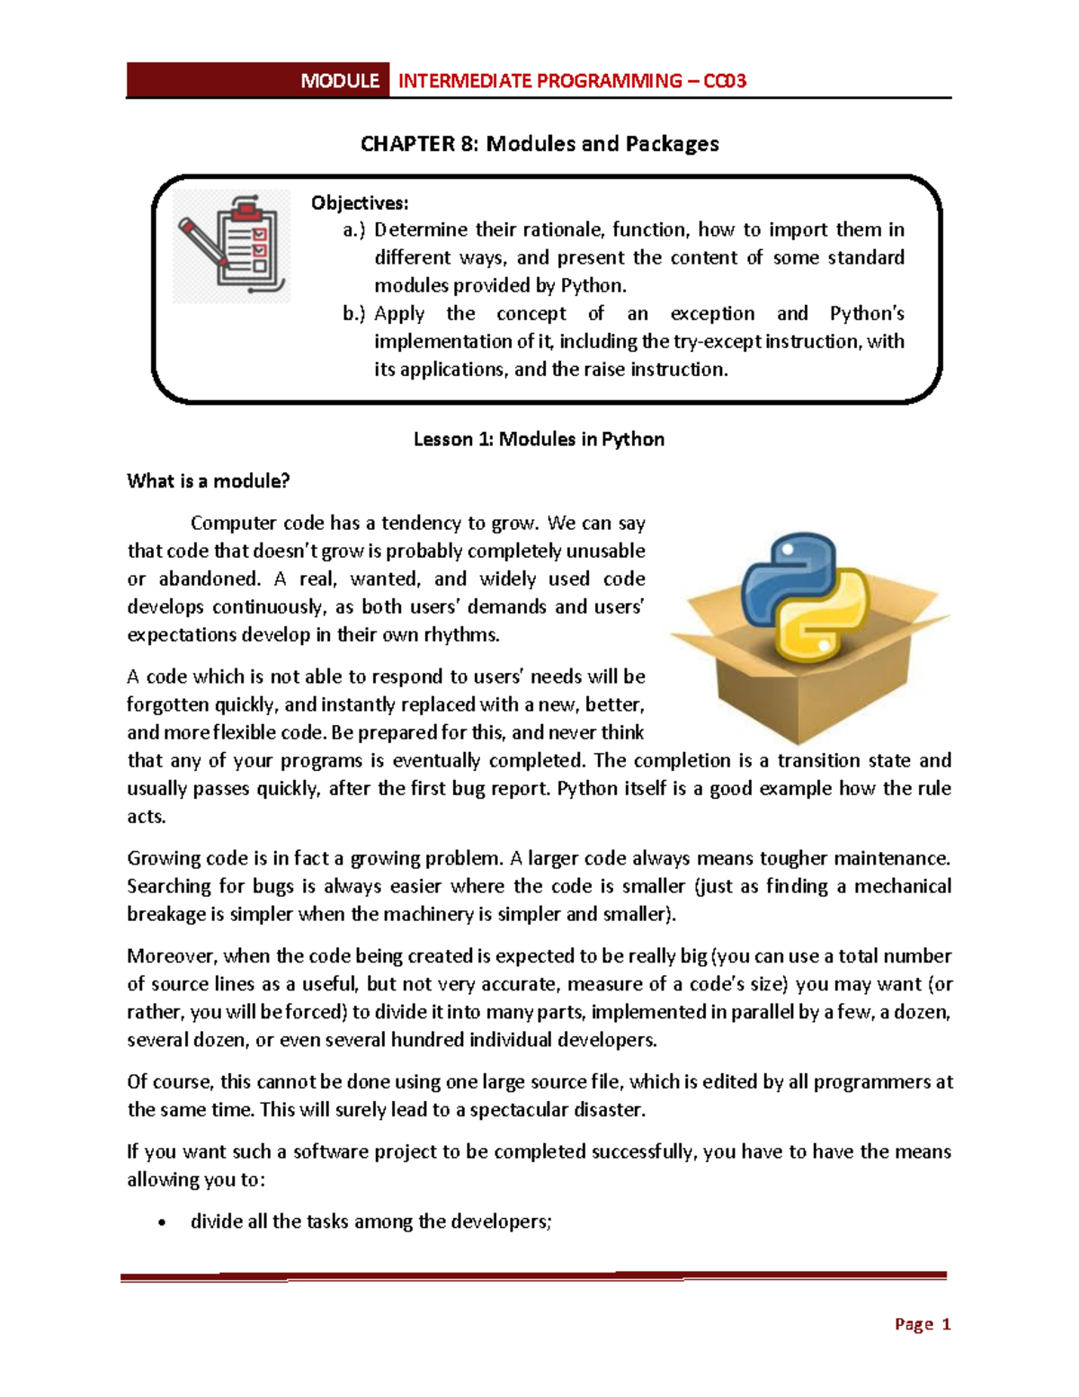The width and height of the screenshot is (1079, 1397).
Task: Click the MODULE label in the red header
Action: pos(340,81)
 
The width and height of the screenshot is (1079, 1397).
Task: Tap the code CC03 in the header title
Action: pos(725,81)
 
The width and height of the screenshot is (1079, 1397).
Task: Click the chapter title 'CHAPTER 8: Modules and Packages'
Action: pos(539,144)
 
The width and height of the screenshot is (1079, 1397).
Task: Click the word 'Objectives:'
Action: pos(360,202)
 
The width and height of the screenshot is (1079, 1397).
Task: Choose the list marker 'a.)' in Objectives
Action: pos(354,230)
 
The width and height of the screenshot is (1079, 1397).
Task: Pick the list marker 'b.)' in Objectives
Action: pos(354,314)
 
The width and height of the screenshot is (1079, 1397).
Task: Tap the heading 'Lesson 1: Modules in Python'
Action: pos(539,439)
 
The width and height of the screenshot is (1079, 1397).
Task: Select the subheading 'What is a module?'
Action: pos(209,481)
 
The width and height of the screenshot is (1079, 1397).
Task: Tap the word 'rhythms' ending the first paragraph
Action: pos(465,635)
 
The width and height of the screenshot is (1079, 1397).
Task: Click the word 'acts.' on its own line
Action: pos(146,817)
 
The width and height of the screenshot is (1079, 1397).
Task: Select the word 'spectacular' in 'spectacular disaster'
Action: pos(524,1110)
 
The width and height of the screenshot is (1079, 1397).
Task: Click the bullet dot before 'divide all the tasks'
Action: pos(161,1222)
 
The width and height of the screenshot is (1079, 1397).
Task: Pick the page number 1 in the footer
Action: pos(945,1324)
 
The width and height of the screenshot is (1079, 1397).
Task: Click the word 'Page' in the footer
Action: pos(914,1324)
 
